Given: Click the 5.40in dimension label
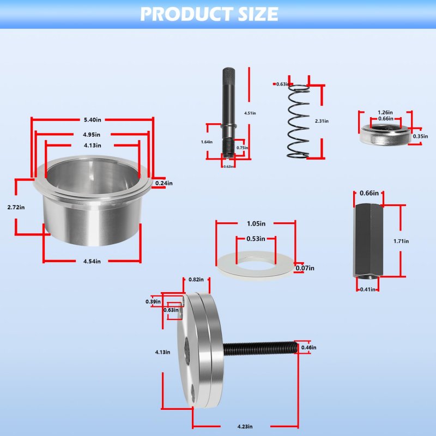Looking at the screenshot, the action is coord(93,120).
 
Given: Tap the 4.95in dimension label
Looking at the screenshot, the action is coord(92,135).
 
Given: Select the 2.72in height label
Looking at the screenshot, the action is coord(16,208).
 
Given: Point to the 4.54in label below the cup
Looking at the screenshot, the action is coord(92,262).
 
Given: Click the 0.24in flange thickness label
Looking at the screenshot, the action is coord(164,183).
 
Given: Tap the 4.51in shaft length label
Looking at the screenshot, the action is coord(250,113).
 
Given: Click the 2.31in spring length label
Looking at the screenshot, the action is coord(322,121).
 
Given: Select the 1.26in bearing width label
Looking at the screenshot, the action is coord(385,113).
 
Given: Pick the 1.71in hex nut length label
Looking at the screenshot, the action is coord(401,241).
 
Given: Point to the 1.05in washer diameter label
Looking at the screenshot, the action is coord(256,223).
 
